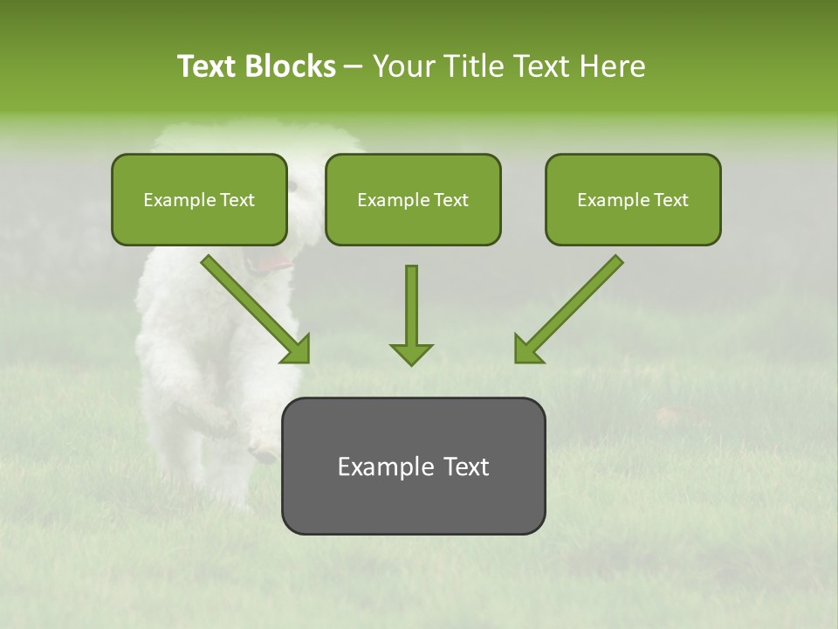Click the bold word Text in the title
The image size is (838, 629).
208,66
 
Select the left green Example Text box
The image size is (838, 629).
199,200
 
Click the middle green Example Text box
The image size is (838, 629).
413,200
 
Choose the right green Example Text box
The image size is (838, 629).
633,200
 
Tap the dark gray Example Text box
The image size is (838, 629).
413,467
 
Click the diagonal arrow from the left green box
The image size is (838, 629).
255,309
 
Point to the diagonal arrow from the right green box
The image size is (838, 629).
569,309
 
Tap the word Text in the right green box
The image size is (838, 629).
670,200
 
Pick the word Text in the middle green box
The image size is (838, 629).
451,200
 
